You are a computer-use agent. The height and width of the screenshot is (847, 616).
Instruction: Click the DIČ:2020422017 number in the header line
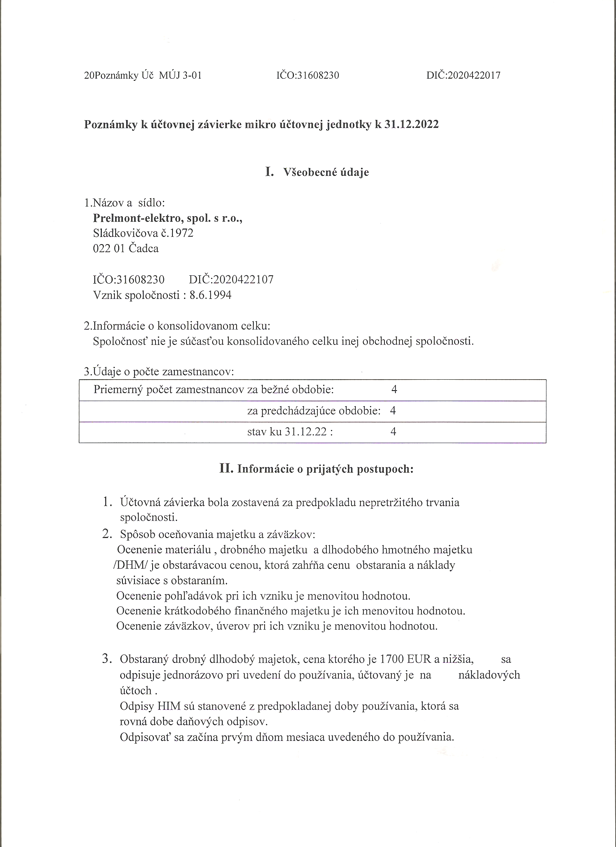coord(463,75)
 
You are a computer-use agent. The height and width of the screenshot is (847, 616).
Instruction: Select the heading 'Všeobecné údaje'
coord(326,172)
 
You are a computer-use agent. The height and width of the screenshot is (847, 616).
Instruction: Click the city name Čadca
coord(143,249)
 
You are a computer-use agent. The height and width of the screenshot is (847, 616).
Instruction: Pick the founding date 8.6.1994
coord(210,295)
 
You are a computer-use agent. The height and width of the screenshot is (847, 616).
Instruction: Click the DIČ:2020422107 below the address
coord(231,279)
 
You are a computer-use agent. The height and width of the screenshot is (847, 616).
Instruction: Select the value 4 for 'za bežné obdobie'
coord(394,389)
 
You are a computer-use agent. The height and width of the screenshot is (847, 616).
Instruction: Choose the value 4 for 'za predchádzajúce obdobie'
coord(393,410)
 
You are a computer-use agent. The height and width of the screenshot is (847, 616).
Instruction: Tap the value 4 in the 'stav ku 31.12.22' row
coord(393,432)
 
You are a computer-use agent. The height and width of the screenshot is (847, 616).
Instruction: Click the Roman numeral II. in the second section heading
coord(226,468)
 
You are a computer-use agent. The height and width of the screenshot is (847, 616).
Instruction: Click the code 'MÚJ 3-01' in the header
coord(180,75)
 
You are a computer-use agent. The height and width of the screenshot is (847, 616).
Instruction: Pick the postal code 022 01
coord(109,249)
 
